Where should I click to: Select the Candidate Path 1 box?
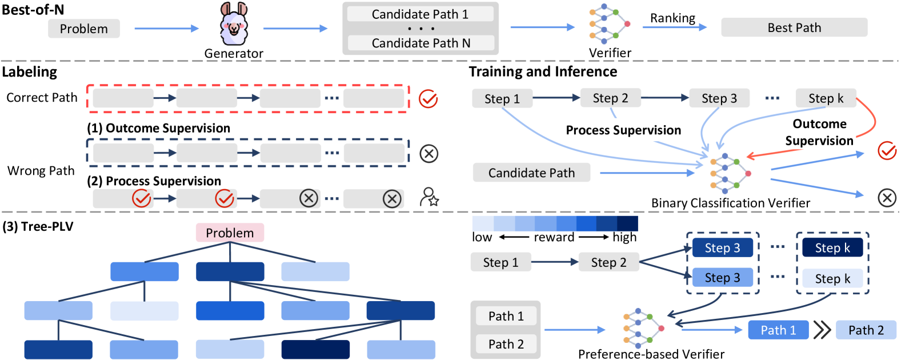pos(420,14)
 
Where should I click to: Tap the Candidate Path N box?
pos(420,43)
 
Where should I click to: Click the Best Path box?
pos(794,27)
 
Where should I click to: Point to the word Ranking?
pos(672,18)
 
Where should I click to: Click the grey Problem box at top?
pos(83,29)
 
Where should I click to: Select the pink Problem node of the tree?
pos(230,233)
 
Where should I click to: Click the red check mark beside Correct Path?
pos(428,99)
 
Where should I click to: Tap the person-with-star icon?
pos(429,197)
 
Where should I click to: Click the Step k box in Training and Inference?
pos(826,98)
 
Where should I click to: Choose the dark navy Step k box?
pos(832,247)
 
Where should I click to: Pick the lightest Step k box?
pos(832,278)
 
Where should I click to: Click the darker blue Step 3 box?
pos(722,247)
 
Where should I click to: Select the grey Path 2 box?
pos(505,343)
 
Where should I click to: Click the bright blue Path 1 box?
pos(778,330)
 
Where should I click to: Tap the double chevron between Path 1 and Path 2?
pos(822,330)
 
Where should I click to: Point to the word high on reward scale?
pos(624,237)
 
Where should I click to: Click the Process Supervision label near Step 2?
pos(623,130)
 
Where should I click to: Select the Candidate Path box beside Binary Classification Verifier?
pos(531,173)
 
